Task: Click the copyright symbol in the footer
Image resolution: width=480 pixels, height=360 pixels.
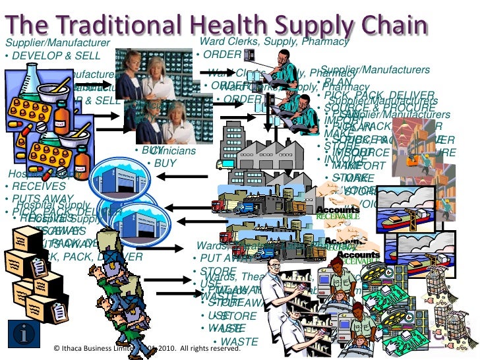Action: tap(57, 347)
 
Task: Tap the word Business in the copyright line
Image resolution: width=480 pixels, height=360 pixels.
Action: tap(104, 347)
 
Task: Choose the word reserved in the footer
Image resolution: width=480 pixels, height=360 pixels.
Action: tap(226, 347)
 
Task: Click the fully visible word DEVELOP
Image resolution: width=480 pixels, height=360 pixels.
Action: tap(38, 56)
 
